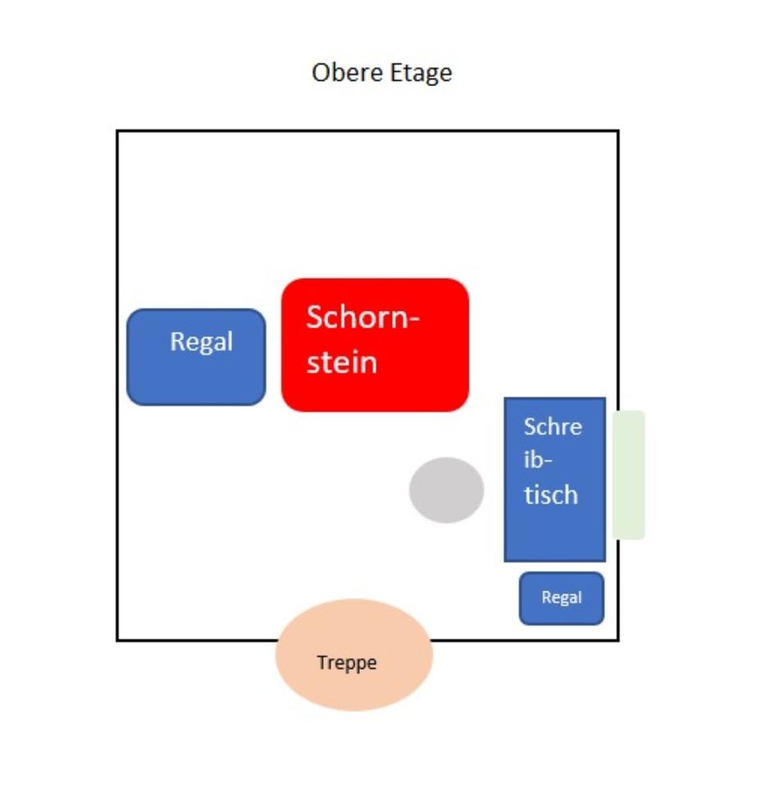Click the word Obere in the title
tap(347, 72)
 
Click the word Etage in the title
tap(420, 74)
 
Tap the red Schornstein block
tap(375, 345)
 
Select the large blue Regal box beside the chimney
tap(196, 357)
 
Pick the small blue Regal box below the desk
tap(561, 598)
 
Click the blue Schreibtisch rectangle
tap(555, 479)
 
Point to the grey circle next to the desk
tap(447, 490)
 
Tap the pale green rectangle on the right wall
tap(629, 475)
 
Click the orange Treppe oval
tap(354, 654)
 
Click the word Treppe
tap(346, 663)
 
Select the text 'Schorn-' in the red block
tap(362, 317)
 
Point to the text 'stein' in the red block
tap(341, 362)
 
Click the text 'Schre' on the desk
tap(552, 427)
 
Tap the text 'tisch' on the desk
tap(551, 494)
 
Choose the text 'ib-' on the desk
tap(538, 460)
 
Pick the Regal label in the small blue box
tap(562, 598)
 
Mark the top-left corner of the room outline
tap(117, 131)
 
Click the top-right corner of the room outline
tap(618, 131)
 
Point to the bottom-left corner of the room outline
tap(117, 640)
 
